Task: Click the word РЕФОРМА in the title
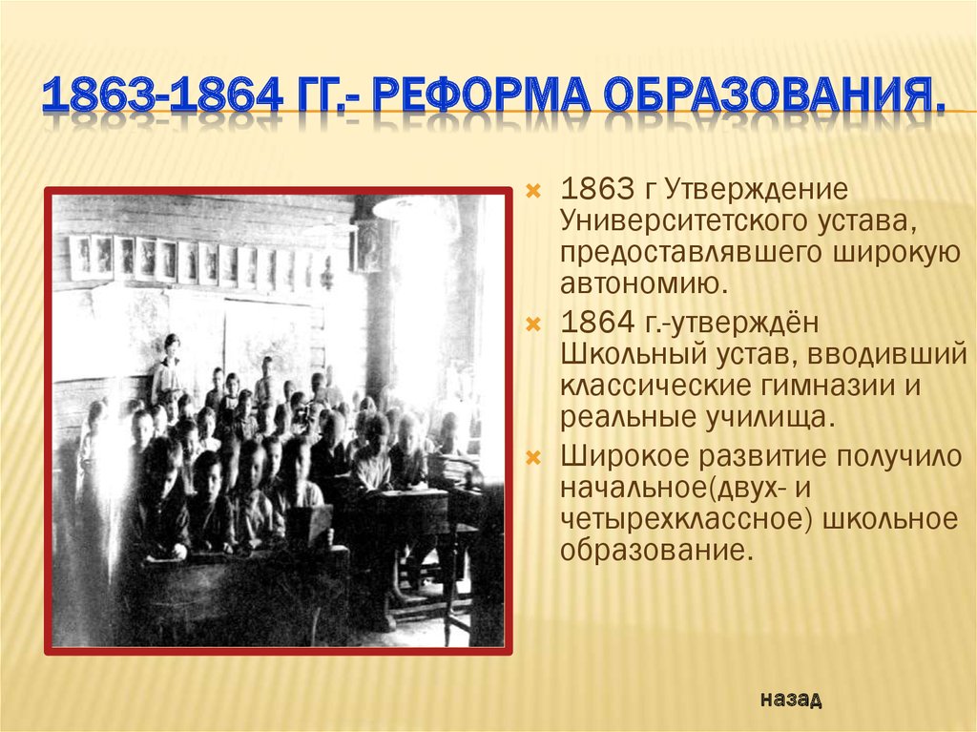(x=482, y=94)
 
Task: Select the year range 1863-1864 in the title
(x=162, y=94)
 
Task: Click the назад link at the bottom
(x=791, y=699)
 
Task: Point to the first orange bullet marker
(x=534, y=190)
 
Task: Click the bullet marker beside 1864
(x=534, y=324)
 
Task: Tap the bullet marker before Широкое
(x=534, y=458)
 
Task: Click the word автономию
(x=644, y=284)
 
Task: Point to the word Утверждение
(x=757, y=190)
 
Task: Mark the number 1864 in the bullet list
(x=596, y=323)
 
